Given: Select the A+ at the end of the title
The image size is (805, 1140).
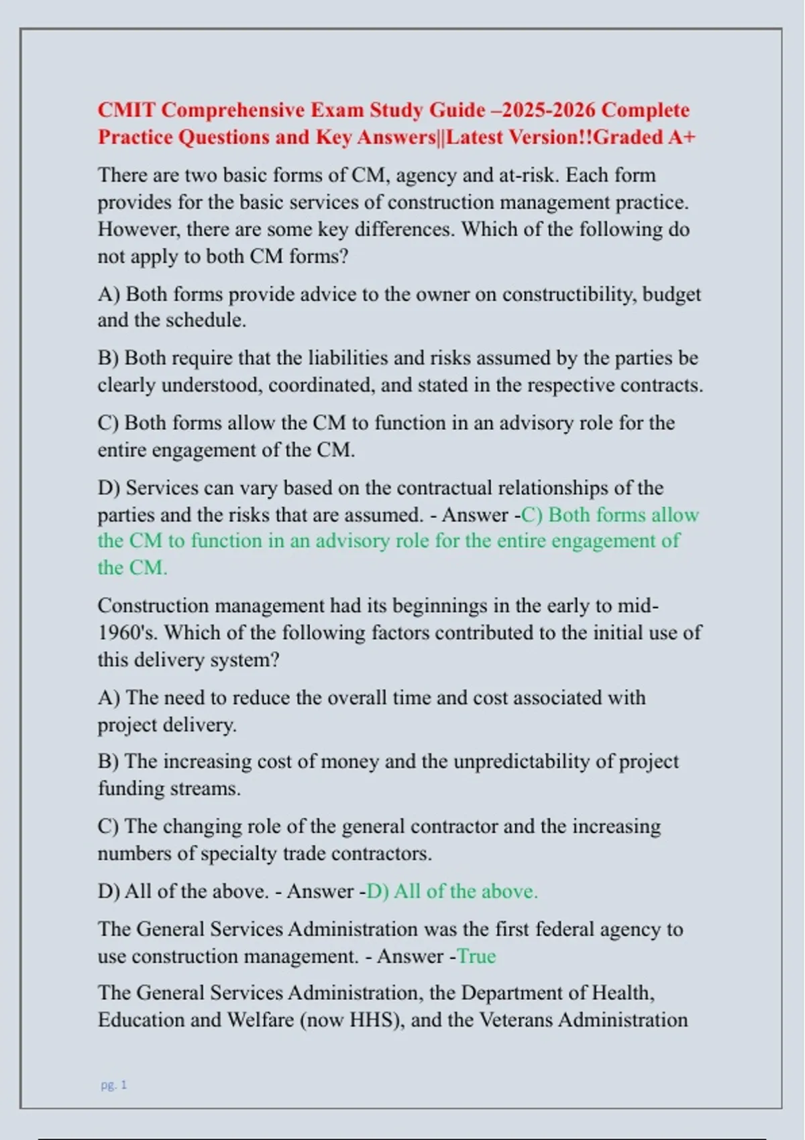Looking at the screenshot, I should coord(682,137).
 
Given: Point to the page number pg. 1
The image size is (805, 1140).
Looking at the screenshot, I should coord(113,1084).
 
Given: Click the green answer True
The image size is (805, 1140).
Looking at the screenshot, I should coord(476,956).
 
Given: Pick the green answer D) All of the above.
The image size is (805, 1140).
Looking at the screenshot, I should coord(452,891).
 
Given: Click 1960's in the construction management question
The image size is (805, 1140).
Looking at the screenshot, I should coord(127,632).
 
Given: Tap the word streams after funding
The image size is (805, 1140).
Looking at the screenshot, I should coord(203,789).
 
